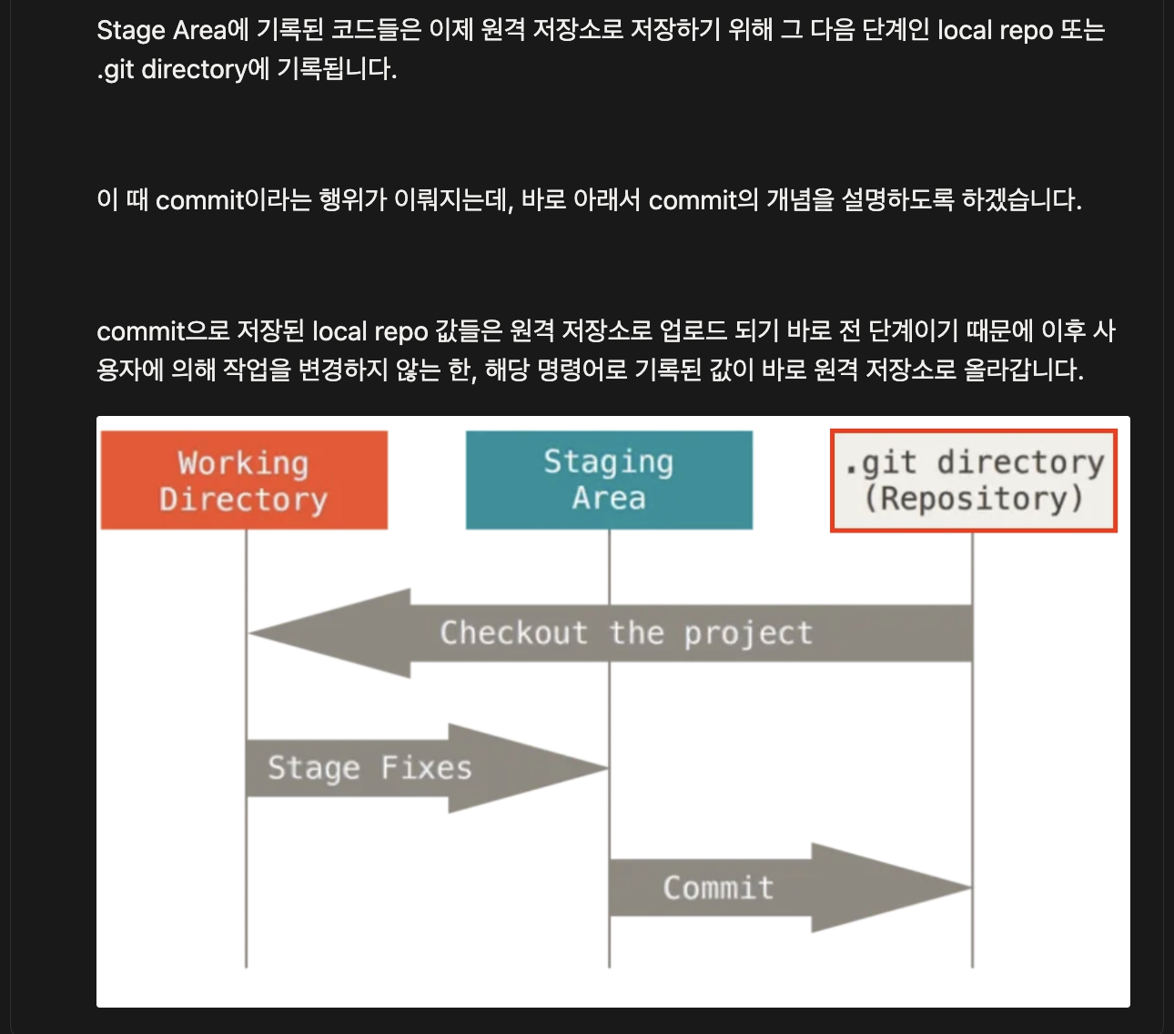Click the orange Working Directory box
[244, 481]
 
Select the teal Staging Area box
[609, 480]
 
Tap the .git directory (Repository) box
[973, 481]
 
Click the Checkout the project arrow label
[626, 633]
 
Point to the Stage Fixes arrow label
[369, 768]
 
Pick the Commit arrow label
[718, 887]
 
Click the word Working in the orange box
[243, 463]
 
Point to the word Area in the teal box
[609, 498]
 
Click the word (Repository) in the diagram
[973, 499]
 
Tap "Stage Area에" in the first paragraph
[172, 30]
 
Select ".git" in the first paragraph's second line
[116, 69]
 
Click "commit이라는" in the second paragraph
[233, 200]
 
